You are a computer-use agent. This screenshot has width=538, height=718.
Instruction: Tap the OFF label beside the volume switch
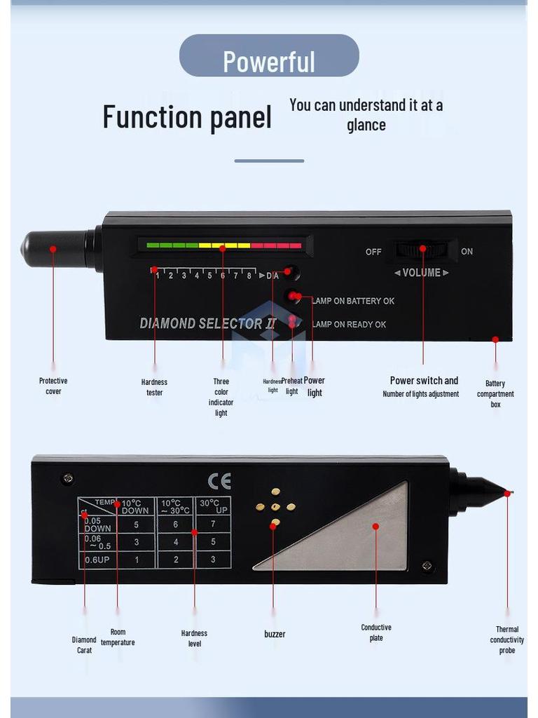373,252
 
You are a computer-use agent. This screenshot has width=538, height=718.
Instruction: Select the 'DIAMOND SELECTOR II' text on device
208,323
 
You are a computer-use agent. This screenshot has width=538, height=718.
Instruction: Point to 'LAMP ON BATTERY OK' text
354,301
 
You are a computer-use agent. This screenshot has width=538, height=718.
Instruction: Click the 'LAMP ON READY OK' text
350,325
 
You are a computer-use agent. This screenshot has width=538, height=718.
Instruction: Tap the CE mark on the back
219,481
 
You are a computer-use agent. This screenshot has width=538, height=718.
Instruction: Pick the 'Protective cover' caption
53,386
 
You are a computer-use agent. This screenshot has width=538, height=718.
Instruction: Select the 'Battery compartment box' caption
495,394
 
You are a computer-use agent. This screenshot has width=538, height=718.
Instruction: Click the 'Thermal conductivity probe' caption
506,640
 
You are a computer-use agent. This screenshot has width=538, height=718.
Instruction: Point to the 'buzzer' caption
275,634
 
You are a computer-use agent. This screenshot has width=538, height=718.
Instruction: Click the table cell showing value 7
213,524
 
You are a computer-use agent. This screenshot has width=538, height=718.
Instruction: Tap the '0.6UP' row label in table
97,560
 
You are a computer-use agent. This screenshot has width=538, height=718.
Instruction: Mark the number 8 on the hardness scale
249,276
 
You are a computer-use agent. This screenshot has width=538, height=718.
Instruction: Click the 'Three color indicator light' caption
221,398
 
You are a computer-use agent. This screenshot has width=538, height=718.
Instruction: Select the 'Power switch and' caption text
424,381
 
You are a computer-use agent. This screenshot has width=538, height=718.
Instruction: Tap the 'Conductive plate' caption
376,632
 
